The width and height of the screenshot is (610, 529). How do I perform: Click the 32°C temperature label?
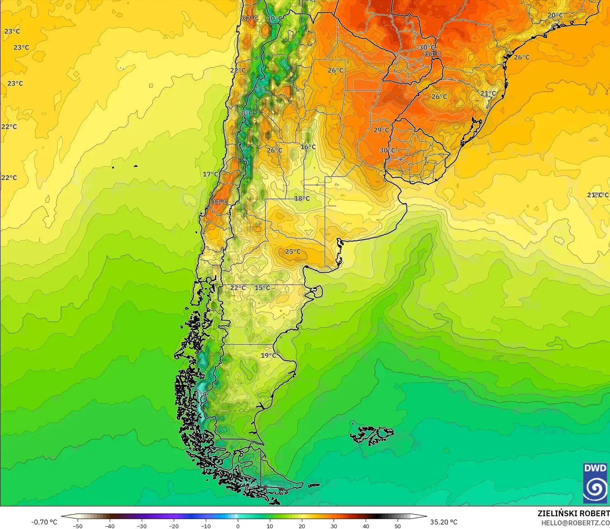pyautogui.click(x=250, y=18)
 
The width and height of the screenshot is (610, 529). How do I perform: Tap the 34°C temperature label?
pyautogui.click(x=433, y=54)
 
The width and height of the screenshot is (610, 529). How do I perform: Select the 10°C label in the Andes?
pyautogui.click(x=275, y=18)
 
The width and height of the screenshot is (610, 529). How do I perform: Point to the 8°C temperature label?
pyautogui.click(x=247, y=113)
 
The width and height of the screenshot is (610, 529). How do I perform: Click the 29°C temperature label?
pyautogui.click(x=381, y=130)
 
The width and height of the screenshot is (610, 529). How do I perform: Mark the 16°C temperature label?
pyautogui.click(x=308, y=147)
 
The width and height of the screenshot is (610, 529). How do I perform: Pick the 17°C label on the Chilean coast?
pyautogui.click(x=211, y=174)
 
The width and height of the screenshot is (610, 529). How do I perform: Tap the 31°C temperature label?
pyautogui.click(x=220, y=202)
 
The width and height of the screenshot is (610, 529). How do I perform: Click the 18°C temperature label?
pyautogui.click(x=302, y=199)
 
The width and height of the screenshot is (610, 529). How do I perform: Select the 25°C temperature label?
pyautogui.click(x=293, y=252)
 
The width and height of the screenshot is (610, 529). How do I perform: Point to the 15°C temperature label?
pyautogui.click(x=262, y=288)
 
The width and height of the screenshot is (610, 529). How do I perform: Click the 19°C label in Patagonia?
pyautogui.click(x=269, y=355)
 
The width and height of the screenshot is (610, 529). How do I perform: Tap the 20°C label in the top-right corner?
pyautogui.click(x=555, y=15)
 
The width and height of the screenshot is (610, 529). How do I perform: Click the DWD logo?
pyautogui.click(x=595, y=483)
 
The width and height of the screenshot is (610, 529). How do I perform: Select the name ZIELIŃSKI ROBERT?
pyautogui.click(x=573, y=513)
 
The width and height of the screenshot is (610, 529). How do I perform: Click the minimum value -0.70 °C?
pyautogui.click(x=44, y=522)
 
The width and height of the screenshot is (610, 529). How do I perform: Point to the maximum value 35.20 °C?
pyautogui.click(x=444, y=522)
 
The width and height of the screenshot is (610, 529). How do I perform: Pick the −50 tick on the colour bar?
pyautogui.click(x=77, y=526)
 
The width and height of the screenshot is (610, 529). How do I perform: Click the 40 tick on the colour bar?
pyautogui.click(x=366, y=526)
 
